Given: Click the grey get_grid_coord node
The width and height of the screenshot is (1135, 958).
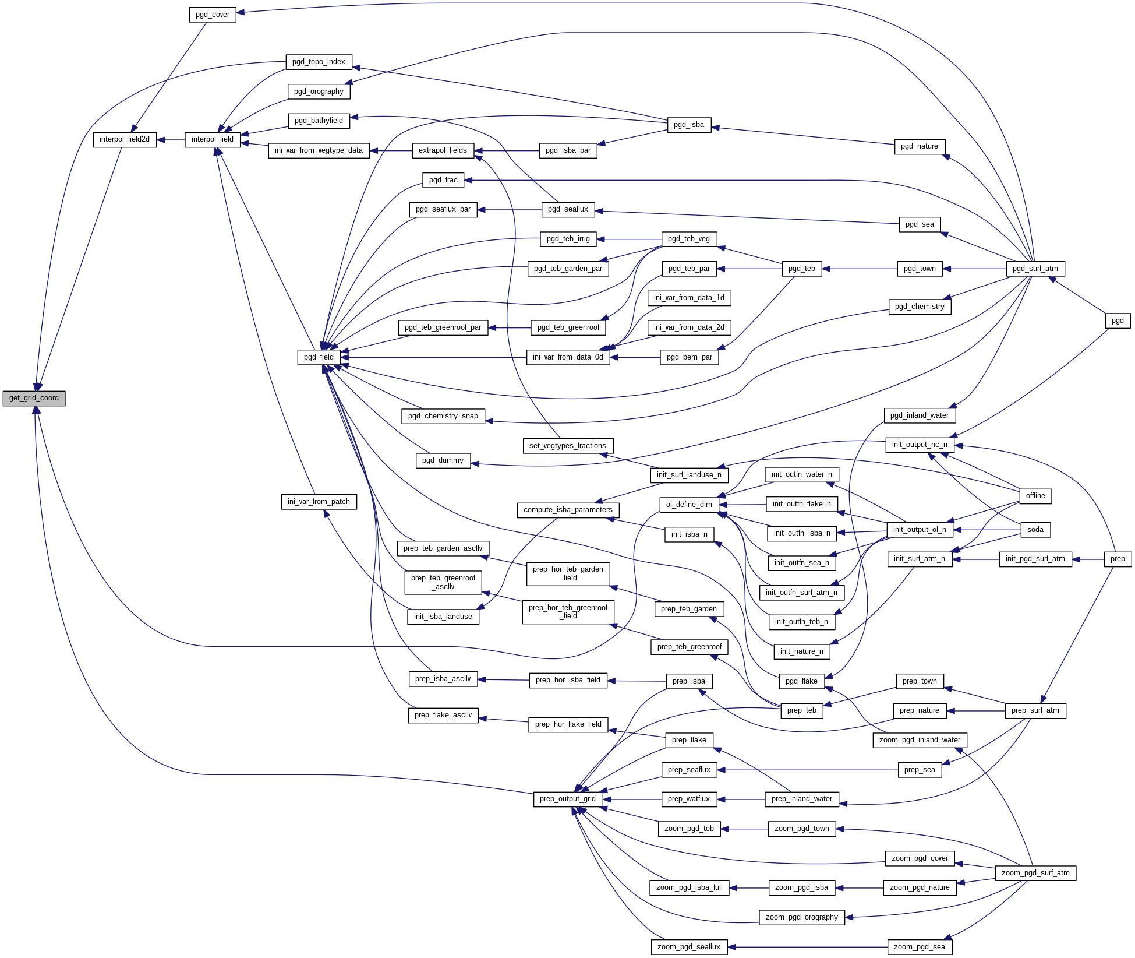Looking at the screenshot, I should pos(34,399).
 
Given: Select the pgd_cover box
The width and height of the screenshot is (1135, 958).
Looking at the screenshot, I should pos(213,15).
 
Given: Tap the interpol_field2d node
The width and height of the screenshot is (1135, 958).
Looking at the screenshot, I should pos(125,140).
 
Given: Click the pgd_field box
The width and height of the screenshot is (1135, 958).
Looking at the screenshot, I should pos(319,357).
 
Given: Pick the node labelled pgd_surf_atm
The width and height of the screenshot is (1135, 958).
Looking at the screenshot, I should pos(1035,269).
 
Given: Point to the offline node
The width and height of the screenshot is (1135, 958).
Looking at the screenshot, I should pos(1035,496).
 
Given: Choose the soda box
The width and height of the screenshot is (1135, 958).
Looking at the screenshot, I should pos(1035,530).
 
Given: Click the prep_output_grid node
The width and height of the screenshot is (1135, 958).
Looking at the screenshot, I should pos(567,799).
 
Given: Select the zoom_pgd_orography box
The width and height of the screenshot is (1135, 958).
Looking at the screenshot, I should pos(801,917).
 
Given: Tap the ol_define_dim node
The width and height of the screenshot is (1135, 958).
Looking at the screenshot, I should pos(689,505).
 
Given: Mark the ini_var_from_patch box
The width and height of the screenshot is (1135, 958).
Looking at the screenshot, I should pos(319,502).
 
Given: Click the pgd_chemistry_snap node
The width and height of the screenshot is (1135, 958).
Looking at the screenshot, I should pos(443,416).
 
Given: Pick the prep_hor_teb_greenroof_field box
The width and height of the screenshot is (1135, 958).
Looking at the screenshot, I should pos(568,612).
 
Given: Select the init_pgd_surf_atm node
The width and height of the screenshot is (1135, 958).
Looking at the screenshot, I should pos(1035,559).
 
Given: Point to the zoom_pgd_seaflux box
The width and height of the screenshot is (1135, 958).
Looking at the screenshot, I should pos(689,947).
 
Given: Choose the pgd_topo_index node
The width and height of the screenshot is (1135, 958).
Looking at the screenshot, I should pos(319,62).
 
